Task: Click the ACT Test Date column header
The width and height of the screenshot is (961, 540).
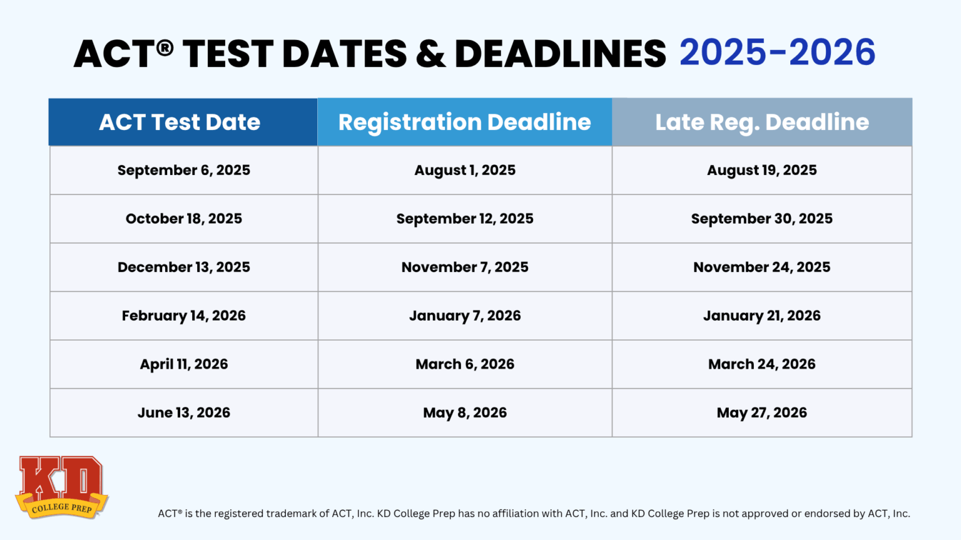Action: (x=180, y=122)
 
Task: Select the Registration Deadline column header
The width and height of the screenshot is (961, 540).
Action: (x=464, y=122)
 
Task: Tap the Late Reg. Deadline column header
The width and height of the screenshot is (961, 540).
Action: (x=761, y=122)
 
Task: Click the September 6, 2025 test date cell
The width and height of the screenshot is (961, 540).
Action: (x=183, y=171)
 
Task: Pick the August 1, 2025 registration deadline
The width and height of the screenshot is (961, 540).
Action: (x=465, y=171)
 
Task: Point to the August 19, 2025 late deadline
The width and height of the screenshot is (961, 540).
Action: (x=761, y=171)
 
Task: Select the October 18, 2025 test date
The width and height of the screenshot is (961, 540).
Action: (x=183, y=219)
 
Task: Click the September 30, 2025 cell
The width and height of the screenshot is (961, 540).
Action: (x=761, y=219)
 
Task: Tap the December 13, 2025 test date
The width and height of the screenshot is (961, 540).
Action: (x=183, y=267)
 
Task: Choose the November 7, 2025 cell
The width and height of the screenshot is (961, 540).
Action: (x=465, y=267)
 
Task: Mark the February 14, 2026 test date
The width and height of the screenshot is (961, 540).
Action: (x=183, y=316)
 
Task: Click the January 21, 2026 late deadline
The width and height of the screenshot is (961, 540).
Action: (x=761, y=316)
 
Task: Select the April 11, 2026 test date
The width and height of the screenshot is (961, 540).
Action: (x=183, y=364)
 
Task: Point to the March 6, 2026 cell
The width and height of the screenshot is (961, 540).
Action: (x=465, y=364)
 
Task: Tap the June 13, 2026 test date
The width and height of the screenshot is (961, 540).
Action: (x=183, y=412)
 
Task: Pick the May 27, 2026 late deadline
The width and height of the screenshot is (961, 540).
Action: (x=761, y=412)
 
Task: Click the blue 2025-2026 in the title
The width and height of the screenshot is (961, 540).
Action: (x=777, y=52)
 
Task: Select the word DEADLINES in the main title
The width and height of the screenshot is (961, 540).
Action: (x=560, y=54)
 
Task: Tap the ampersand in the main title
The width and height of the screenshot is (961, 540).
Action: (x=430, y=54)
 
